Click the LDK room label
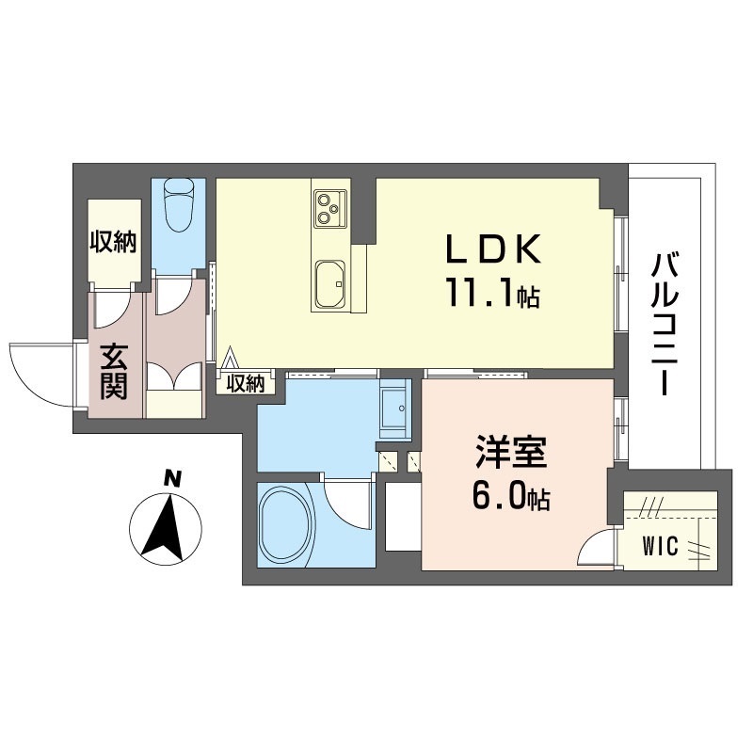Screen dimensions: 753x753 (493, 248)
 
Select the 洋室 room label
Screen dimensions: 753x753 (511, 452)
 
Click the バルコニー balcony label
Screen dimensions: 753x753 (665, 324)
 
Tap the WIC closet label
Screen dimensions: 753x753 (661, 546)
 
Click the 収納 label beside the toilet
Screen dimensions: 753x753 (114, 242)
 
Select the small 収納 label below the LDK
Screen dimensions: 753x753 (246, 383)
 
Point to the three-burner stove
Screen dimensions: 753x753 (330, 209)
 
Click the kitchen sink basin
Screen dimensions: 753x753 (331, 284)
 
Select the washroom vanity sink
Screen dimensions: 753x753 (395, 408)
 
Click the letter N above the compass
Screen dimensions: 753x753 (172, 479)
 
